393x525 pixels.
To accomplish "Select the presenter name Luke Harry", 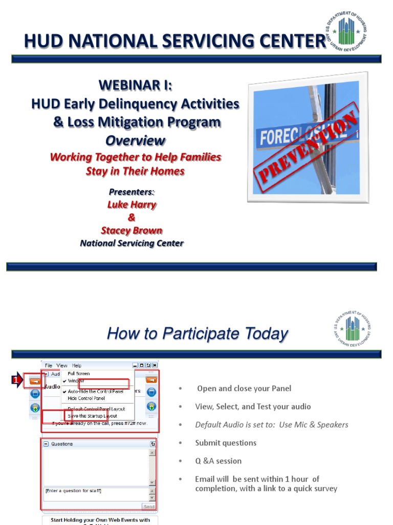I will [x=132, y=205].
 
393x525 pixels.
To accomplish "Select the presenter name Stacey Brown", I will [x=132, y=230].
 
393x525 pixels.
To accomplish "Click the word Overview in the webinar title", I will [x=135, y=140].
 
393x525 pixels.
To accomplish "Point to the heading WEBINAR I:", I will [x=135, y=86].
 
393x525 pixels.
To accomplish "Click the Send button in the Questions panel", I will [x=148, y=506].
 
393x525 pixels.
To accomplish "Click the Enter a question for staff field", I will [x=95, y=491].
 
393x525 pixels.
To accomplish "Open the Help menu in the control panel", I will [x=76, y=366].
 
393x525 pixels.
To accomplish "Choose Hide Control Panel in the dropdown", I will [x=86, y=398].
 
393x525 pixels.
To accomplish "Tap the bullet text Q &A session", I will [x=218, y=461].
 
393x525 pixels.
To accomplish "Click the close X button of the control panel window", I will [x=155, y=365].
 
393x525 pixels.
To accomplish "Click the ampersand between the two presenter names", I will [x=132, y=217].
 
